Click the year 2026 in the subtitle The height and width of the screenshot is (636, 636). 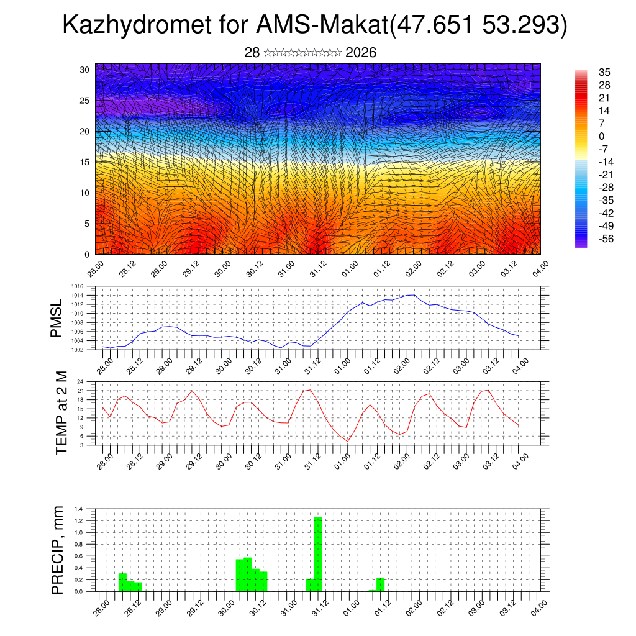point(360,53)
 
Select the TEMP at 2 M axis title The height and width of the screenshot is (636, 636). point(61,412)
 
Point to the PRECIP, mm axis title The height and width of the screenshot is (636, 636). point(58,550)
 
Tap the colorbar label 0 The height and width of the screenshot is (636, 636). point(601,136)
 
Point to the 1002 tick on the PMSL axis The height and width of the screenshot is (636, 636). point(78,350)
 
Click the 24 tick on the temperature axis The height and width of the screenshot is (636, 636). point(81,381)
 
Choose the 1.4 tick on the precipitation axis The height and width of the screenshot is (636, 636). point(79,509)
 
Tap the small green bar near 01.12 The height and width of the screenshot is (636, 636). point(381,584)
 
